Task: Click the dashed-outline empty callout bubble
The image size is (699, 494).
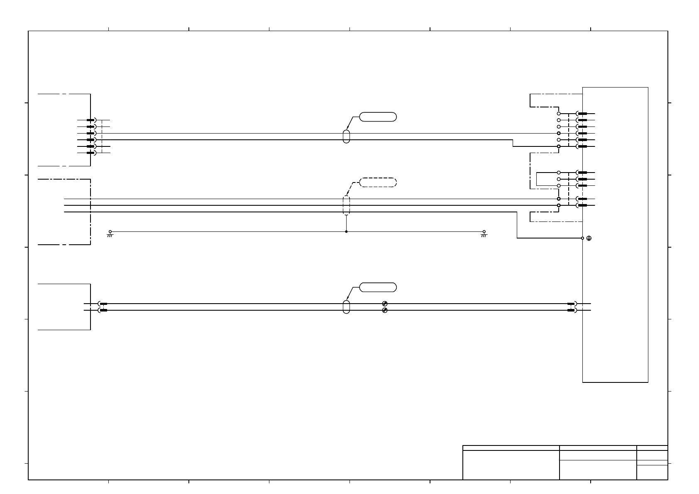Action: point(378,182)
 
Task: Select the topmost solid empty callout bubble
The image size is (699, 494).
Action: point(378,117)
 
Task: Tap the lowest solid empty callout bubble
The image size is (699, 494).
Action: point(378,287)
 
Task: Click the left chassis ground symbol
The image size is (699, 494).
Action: point(110,234)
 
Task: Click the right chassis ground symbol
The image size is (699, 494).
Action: point(484,234)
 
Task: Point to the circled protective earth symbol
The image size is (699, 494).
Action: point(589,238)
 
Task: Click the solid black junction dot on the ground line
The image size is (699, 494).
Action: point(346,232)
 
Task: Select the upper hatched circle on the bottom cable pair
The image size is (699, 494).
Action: point(385,304)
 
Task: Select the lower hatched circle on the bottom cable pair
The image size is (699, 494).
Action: point(385,310)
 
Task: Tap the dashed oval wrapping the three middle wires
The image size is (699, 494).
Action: point(346,205)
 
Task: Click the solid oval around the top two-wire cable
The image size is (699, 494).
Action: point(346,136)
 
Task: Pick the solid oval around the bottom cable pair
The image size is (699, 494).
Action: point(346,307)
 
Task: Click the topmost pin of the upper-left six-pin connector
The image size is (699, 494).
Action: point(90,120)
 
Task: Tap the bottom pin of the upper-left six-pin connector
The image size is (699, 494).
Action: point(90,153)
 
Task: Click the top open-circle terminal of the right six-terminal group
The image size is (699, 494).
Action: point(559,113)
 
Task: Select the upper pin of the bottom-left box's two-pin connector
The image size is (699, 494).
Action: point(103,304)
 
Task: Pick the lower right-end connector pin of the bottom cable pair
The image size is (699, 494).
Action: point(571,310)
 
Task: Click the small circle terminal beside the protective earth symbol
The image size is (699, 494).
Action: point(582,238)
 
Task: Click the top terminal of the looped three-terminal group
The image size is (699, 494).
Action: point(559,172)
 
